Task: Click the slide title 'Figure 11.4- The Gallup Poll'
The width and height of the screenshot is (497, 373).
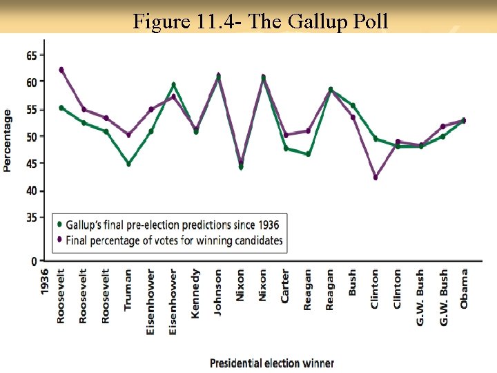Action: click(261, 21)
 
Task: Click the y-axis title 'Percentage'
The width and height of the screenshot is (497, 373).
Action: click(8, 140)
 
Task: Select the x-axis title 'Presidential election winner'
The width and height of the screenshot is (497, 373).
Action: click(271, 363)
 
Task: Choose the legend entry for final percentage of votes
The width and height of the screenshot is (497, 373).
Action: click(170, 240)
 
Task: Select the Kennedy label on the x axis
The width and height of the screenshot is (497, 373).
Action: click(195, 294)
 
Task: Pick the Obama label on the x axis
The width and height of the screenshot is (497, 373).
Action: click(464, 289)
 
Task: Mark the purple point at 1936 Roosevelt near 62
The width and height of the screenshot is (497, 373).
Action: click(61, 70)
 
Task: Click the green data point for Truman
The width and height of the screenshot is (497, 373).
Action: click(128, 164)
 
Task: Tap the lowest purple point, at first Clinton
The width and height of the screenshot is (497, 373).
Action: click(376, 178)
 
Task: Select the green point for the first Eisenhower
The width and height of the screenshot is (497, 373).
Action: click(151, 131)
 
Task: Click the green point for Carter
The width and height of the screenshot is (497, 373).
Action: click(286, 149)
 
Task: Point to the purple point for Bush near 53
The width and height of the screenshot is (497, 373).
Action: click(353, 117)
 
